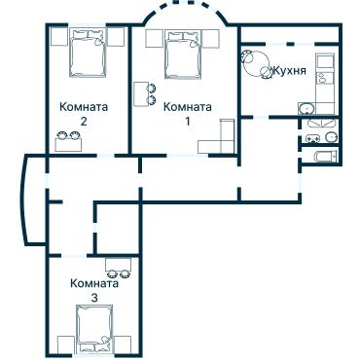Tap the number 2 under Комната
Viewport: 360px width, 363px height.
83,123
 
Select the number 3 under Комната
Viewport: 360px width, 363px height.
93,298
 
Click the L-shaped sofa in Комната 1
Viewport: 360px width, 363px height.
220,140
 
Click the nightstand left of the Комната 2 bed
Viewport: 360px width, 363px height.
54,40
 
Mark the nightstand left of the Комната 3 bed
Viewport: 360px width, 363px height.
65,344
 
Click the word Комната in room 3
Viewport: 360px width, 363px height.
93,283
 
